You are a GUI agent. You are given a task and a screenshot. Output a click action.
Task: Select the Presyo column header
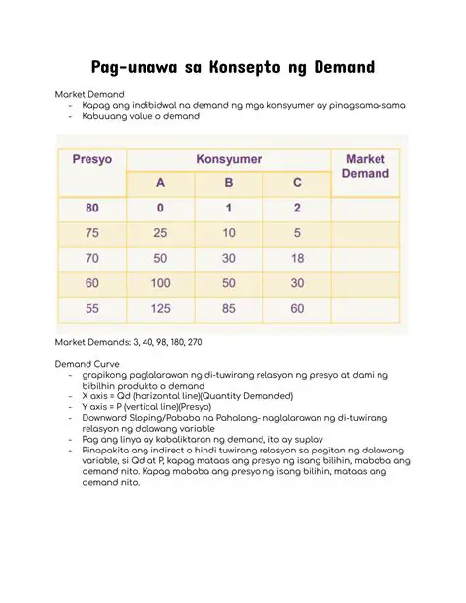click(92, 158)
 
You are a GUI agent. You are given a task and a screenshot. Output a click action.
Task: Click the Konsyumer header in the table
click(229, 158)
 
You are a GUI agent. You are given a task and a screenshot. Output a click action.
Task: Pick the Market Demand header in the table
click(365, 166)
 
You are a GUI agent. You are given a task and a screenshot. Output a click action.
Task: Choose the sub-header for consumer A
click(160, 182)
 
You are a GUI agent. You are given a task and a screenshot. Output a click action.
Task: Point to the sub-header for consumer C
click(297, 182)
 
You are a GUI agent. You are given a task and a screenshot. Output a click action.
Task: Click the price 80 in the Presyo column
click(92, 209)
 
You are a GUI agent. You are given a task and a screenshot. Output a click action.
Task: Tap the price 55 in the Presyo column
click(92, 309)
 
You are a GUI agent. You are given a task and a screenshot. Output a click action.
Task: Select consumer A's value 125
click(160, 309)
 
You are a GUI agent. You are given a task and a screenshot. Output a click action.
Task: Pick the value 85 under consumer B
click(229, 309)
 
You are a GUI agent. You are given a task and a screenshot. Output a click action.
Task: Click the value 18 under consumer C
click(297, 259)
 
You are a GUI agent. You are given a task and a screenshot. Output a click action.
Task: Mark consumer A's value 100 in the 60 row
click(160, 284)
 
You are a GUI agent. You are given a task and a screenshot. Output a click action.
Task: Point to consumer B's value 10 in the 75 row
click(229, 234)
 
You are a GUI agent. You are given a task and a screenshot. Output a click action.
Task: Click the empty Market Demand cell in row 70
click(365, 259)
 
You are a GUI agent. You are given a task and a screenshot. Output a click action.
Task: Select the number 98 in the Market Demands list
click(152, 341)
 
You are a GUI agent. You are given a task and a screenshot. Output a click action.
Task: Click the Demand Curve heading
click(88, 363)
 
